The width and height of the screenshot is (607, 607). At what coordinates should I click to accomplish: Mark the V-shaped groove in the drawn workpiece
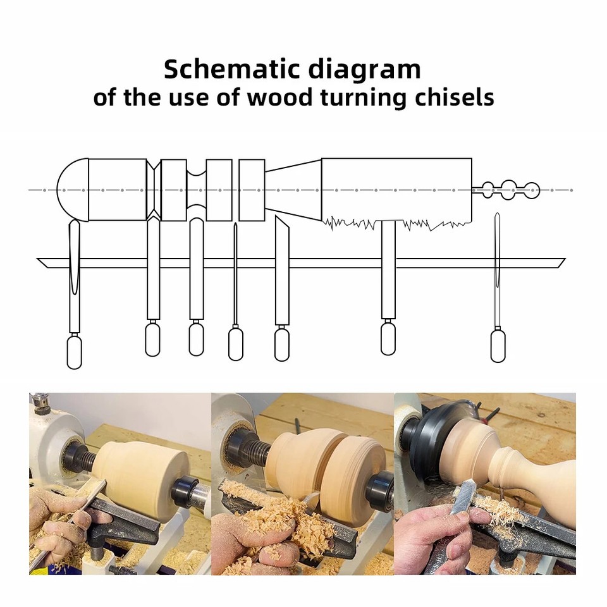pyautogui.click(x=154, y=189)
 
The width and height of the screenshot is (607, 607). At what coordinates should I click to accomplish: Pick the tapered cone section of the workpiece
pyautogui.click(x=293, y=189)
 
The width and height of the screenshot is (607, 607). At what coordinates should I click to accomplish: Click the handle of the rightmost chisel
pyautogui.click(x=498, y=346)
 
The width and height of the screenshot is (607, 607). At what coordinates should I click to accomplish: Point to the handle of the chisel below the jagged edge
pyautogui.click(x=388, y=338)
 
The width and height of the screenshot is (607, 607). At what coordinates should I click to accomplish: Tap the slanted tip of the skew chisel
pyautogui.click(x=281, y=223)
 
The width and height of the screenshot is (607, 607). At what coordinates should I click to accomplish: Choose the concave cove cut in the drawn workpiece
pyautogui.click(x=197, y=189)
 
